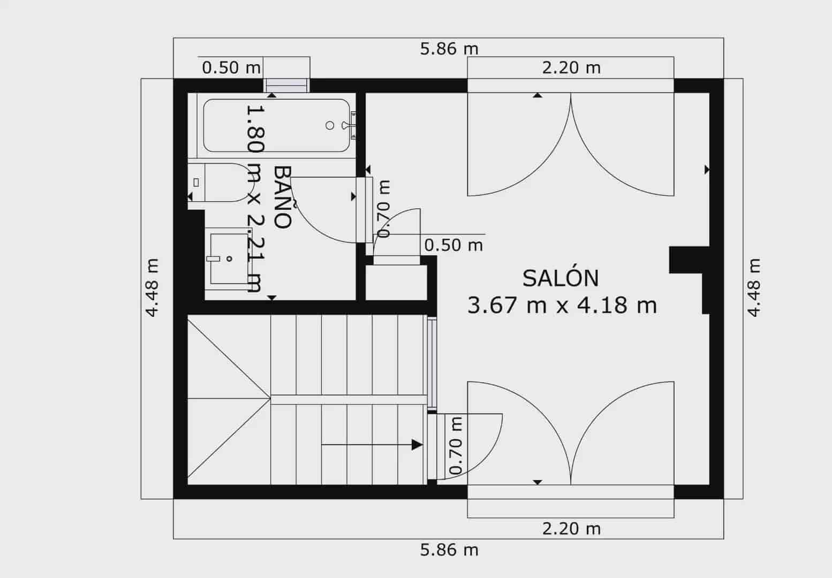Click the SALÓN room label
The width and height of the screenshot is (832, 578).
pos(560,278)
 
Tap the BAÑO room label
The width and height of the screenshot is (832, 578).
pos(283,197)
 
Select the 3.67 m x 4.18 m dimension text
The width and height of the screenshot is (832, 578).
pos(562,305)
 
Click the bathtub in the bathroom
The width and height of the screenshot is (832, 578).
pos(276,126)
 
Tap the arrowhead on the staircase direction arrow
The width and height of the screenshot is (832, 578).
pos(417,444)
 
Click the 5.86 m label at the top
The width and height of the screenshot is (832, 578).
pos(449,49)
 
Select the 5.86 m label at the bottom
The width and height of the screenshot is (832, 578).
pos(449,550)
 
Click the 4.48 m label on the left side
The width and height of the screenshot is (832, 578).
pos(152,288)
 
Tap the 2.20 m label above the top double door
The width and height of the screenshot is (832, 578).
pos(571,68)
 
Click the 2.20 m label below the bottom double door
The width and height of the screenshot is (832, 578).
pos(571,529)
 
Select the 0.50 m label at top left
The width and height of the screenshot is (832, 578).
pos(231,68)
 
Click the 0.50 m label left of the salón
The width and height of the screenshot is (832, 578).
pos(453,245)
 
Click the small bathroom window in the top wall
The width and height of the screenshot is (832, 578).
pos(286,86)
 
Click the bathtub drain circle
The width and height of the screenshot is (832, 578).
pos(330,125)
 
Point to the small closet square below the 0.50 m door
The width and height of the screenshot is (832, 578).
pos(396,282)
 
